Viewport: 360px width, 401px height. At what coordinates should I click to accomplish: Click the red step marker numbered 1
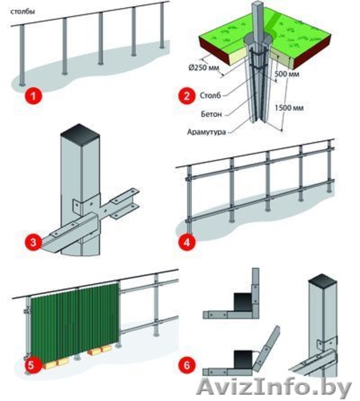pos(33,96)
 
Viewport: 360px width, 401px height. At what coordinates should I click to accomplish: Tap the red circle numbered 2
pos(187,96)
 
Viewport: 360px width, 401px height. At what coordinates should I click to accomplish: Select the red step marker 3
pos(33,242)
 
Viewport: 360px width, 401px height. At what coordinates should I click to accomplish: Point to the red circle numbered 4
pos(187,242)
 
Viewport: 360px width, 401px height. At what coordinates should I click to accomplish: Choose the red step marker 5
pos(31,365)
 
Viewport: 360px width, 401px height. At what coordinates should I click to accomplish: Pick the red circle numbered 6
pos(187,365)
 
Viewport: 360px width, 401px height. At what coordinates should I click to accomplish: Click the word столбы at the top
pos(23,11)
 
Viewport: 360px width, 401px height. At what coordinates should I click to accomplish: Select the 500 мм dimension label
pos(287,74)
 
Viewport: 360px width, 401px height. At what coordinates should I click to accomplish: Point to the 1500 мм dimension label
pos(289,108)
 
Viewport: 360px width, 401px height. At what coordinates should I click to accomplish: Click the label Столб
pos(210,96)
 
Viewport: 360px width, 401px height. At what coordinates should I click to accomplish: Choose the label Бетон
pos(211,114)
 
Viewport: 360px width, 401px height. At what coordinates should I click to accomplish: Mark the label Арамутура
pos(206,132)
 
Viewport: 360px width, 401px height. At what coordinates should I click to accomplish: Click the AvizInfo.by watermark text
pos(274,388)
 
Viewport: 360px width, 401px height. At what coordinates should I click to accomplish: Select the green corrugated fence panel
pos(75,321)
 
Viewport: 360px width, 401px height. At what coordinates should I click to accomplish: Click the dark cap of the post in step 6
pos(323,282)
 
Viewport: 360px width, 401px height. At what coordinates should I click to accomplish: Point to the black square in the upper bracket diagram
pos(244,302)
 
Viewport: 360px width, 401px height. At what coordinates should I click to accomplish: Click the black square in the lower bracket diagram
pos(244,360)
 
